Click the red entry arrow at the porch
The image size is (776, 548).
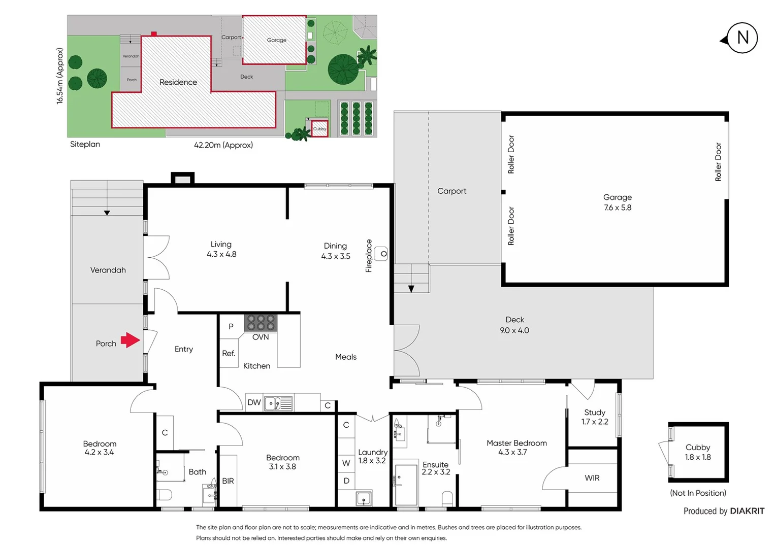tap(131, 340)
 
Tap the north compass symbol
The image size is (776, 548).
tap(742, 38)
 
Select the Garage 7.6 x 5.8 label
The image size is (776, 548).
tap(618, 202)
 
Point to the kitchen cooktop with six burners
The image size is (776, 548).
tap(261, 323)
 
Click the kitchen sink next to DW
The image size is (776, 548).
tap(278, 403)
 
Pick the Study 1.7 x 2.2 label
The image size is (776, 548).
tap(595, 417)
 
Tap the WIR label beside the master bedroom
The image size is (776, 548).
tap(592, 478)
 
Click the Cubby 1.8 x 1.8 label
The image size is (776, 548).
tap(698, 452)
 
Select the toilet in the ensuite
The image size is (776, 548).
tap(447, 498)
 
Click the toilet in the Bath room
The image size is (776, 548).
tap(164, 494)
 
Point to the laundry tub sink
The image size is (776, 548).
tap(364, 498)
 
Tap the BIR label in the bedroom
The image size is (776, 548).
tap(228, 481)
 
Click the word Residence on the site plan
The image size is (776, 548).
tap(178, 82)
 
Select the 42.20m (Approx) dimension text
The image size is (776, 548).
tap(223, 145)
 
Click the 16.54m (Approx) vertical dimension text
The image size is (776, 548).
tap(60, 76)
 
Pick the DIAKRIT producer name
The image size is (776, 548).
tap(747, 511)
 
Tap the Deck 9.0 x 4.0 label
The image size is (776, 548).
tap(514, 325)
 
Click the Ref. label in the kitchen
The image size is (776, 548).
tap(229, 353)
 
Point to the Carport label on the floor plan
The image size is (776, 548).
tap(451, 191)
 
